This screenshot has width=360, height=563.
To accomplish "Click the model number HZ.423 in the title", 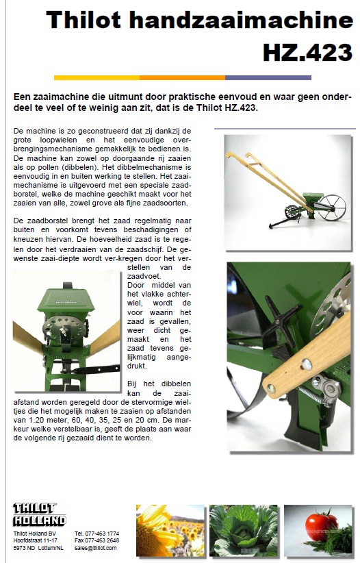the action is pyautogui.click(x=307, y=53).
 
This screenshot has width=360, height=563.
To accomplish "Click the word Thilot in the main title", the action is pyautogui.click(x=83, y=20).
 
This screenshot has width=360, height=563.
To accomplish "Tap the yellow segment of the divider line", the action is pyautogui.click(x=97, y=77).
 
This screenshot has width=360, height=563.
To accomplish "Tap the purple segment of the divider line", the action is pyautogui.click(x=268, y=77).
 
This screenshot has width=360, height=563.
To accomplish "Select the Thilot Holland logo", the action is pyautogui.click(x=40, y=514).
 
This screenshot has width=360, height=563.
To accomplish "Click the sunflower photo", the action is pyautogui.click(x=170, y=530).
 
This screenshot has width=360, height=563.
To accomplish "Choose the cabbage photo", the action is pyautogui.click(x=244, y=530).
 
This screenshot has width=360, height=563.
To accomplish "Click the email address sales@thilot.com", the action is pyautogui.click(x=95, y=548).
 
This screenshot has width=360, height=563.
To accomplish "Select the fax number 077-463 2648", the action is pyautogui.click(x=102, y=540).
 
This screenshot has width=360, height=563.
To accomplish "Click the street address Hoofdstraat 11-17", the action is pyautogui.click(x=36, y=540).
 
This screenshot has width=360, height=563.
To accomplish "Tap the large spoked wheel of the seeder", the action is pyautogui.click(x=332, y=208).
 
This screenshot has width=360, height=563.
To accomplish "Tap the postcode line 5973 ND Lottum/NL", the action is pyautogui.click(x=38, y=548).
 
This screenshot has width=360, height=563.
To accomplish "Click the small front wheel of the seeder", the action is pyautogui.click(x=292, y=212).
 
